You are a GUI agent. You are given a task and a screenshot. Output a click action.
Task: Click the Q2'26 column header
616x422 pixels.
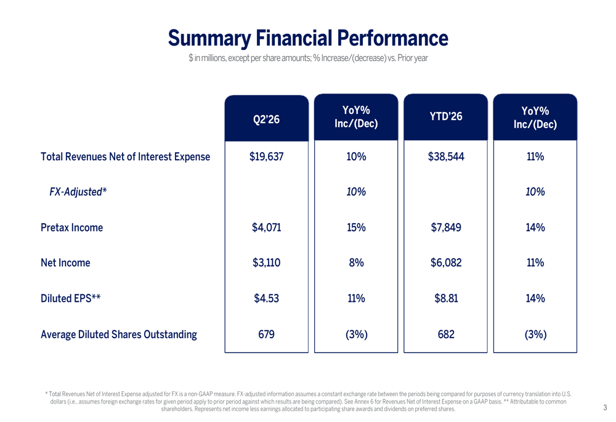tap(266, 119)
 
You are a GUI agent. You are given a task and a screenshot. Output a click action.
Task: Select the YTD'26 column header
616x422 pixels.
tap(446, 116)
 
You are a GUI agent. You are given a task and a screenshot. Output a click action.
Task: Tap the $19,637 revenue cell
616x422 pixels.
tap(266, 156)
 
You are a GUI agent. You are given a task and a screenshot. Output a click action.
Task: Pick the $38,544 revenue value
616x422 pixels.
tap(446, 156)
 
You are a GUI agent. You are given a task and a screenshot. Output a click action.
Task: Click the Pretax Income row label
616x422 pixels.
tap(72, 227)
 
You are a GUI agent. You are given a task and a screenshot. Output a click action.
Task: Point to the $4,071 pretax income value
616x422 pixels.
tap(266, 227)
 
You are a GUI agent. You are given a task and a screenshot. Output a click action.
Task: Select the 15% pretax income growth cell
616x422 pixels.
tap(356, 227)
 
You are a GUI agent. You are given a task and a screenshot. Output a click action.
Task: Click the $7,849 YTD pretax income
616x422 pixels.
tap(446, 227)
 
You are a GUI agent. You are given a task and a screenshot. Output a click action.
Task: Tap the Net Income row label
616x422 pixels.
tap(66, 262)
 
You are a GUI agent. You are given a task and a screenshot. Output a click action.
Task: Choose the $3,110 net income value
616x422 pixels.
tap(266, 262)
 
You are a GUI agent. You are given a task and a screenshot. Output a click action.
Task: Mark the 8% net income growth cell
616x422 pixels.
tap(356, 262)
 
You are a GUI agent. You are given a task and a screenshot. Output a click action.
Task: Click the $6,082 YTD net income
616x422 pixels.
tap(446, 262)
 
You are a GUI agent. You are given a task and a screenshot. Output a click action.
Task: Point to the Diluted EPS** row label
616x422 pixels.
tap(71, 298)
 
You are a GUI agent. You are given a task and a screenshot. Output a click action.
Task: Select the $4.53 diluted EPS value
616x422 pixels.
tap(266, 298)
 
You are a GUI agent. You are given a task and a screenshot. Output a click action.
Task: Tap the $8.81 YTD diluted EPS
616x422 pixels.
tap(446, 298)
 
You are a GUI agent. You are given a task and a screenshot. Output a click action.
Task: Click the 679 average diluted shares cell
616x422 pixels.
tap(266, 335)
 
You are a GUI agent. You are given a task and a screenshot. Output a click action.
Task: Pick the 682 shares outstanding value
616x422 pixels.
tap(446, 335)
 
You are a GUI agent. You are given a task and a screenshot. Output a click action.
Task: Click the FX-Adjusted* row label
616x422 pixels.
tap(78, 192)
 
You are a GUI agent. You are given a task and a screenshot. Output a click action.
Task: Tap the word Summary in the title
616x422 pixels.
tap(209, 39)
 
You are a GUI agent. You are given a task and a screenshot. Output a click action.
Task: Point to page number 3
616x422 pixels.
tap(605, 408)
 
